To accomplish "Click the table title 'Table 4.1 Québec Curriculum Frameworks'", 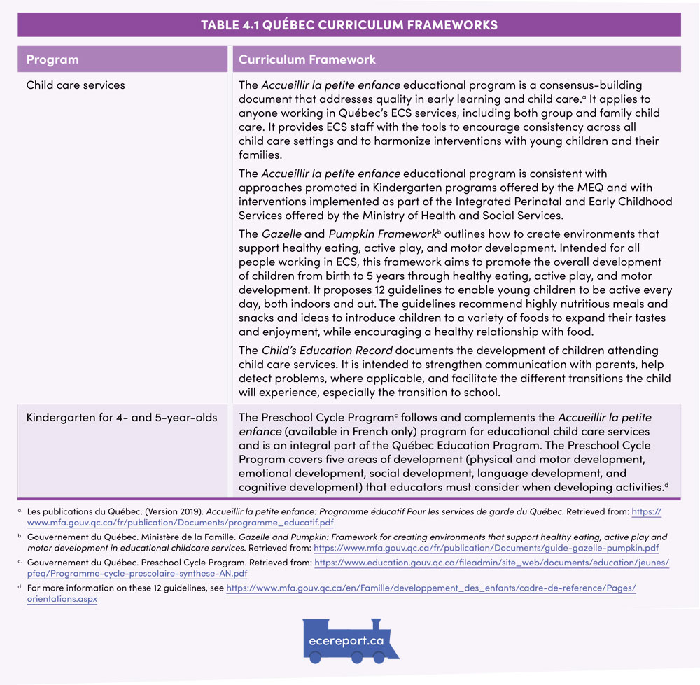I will (x=349, y=25).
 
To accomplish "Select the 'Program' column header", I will (x=52, y=59).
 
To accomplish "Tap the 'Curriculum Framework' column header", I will (x=307, y=59).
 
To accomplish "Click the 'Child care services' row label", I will (x=76, y=85).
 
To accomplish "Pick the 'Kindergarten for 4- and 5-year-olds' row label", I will (x=122, y=418).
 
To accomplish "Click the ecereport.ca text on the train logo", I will (x=346, y=640).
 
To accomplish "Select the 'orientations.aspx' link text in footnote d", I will (x=62, y=599).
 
